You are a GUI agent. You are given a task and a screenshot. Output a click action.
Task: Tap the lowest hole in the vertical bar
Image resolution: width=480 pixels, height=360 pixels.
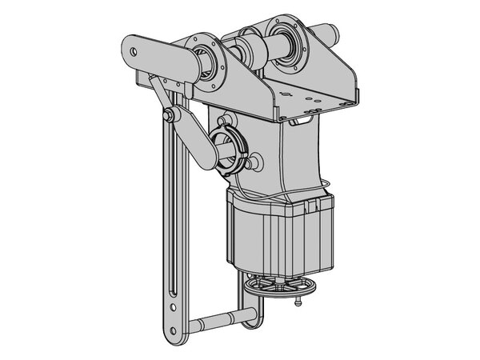coord(170,328)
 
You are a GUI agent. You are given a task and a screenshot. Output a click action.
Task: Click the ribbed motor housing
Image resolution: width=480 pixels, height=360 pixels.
coord(276,232)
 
